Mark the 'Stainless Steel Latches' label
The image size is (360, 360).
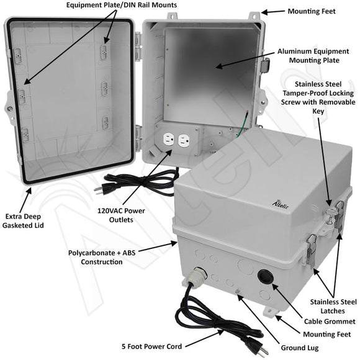point(333,305)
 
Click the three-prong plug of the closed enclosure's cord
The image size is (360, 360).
point(251,346)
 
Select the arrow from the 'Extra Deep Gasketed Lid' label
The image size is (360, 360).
point(28,196)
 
